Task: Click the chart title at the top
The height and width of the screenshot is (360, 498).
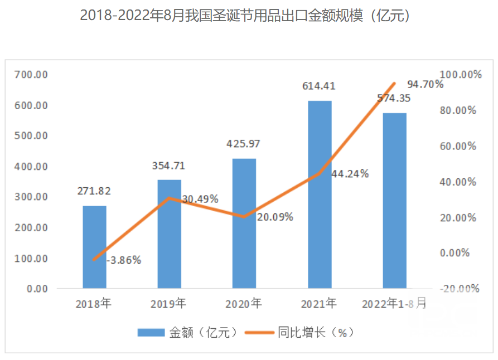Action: [249, 15]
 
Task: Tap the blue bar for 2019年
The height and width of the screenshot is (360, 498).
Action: [169, 234]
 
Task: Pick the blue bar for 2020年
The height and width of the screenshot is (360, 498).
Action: [244, 223]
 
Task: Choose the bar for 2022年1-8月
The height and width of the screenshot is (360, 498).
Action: [394, 201]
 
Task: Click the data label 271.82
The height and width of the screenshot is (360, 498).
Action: [94, 191]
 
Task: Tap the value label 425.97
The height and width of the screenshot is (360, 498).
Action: [243, 144]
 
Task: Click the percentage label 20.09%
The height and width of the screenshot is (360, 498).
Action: [275, 217]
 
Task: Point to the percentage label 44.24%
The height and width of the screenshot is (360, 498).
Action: [350, 174]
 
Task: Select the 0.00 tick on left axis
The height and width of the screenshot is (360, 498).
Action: [37, 289]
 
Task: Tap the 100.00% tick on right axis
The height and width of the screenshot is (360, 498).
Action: [460, 75]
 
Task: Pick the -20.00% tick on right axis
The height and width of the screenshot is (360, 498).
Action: [459, 289]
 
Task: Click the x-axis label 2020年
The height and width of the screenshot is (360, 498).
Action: [243, 304]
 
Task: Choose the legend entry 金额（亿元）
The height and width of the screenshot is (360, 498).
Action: [190, 333]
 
